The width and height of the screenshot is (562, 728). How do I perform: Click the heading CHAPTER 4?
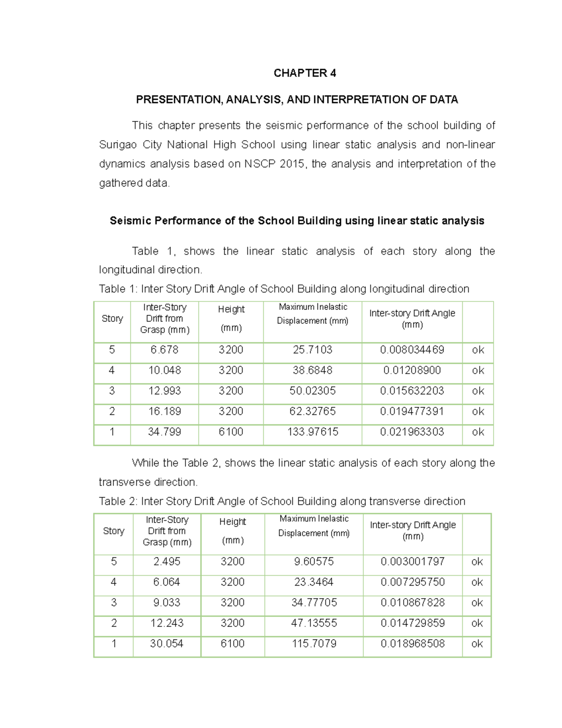(x=304, y=73)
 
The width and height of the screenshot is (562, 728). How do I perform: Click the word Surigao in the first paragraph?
(x=117, y=145)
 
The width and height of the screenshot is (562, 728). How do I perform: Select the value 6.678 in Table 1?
(x=164, y=350)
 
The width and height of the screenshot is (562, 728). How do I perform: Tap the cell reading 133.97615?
(x=312, y=432)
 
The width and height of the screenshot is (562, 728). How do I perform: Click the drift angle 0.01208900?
(x=412, y=370)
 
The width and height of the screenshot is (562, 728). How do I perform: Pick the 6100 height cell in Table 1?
(x=231, y=432)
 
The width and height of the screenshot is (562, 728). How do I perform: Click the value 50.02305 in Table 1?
(x=312, y=391)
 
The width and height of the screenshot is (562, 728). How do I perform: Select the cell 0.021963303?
(x=412, y=432)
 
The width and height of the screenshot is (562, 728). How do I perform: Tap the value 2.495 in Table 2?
(x=167, y=562)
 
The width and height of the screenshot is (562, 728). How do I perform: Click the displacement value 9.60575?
(x=314, y=562)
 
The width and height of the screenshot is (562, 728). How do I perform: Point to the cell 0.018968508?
(x=413, y=644)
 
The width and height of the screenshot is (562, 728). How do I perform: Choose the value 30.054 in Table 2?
(x=167, y=644)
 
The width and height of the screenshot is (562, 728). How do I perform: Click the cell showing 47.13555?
(x=314, y=623)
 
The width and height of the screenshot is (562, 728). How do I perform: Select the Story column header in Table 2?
(x=113, y=531)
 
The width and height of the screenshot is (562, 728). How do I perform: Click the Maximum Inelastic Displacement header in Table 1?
(x=312, y=314)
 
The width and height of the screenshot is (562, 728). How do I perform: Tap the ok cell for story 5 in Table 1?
(x=478, y=350)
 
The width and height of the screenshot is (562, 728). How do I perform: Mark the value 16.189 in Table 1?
(x=164, y=412)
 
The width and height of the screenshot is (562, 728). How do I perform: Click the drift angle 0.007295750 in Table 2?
(x=413, y=582)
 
